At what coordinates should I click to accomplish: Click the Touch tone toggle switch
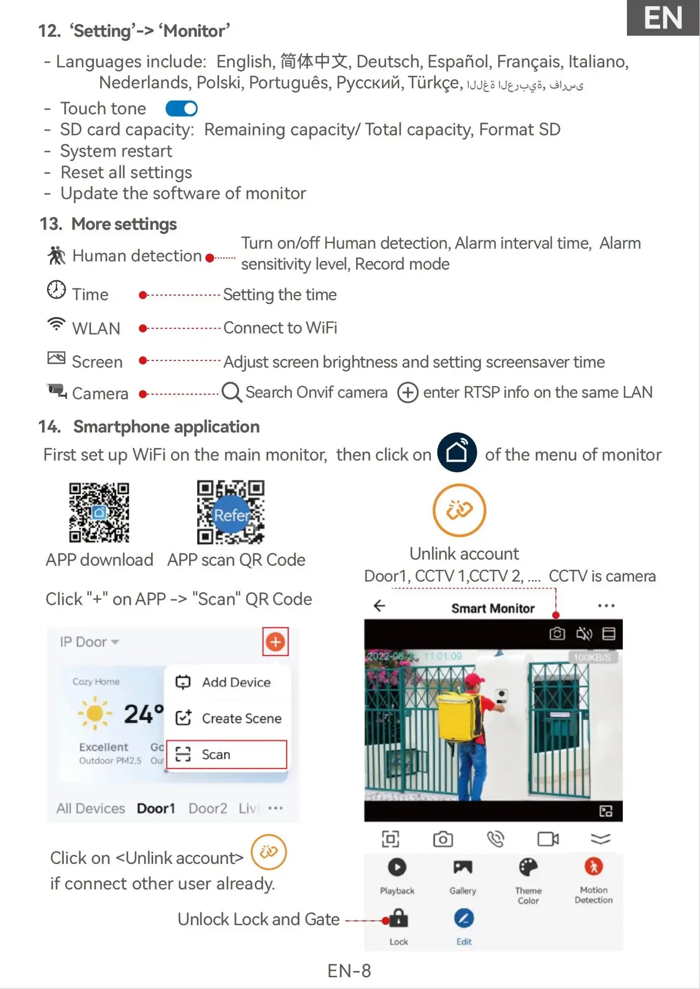[181, 108]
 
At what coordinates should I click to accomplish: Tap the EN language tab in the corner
[663, 18]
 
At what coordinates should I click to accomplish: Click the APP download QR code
[99, 512]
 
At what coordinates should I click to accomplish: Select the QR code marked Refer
[230, 512]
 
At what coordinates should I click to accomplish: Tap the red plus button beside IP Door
[275, 642]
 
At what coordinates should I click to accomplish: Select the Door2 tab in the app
[207, 808]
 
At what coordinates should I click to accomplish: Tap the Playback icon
[397, 867]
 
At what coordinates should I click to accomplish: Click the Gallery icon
[462, 867]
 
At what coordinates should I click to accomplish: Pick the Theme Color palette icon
[528, 867]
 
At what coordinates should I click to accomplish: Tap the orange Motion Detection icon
[593, 866]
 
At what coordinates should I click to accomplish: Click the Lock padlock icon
[399, 919]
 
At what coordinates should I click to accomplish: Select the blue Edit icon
[463, 919]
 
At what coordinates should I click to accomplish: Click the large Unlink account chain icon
[459, 510]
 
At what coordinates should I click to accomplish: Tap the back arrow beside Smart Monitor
[379, 606]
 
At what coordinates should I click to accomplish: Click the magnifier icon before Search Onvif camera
[231, 392]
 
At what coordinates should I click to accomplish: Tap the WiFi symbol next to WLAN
[56, 324]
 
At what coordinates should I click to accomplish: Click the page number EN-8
[349, 971]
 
